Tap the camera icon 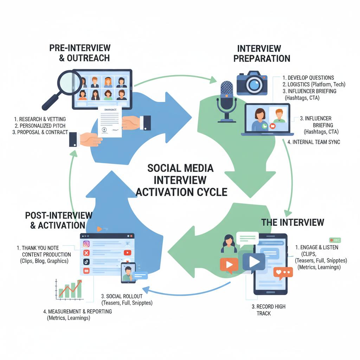[252, 83]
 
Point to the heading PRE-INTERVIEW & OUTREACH [80, 53]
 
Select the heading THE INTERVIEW [292, 222]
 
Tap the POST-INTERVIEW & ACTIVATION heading [59, 220]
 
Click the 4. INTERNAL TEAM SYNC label [313, 142]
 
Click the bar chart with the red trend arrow [69, 289]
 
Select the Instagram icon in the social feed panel [86, 244]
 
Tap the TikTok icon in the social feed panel [86, 262]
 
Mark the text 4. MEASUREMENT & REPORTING [77, 311]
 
